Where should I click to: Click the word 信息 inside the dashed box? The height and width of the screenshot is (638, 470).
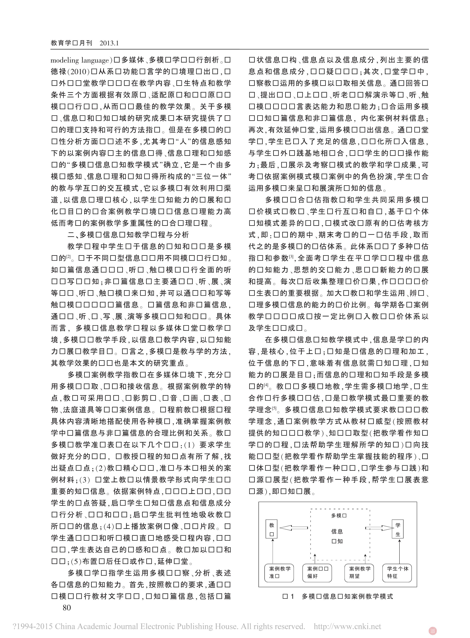[337, 531]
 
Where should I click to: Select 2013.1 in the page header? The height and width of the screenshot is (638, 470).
[109, 43]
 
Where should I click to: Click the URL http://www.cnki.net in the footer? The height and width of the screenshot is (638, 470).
[347, 626]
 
